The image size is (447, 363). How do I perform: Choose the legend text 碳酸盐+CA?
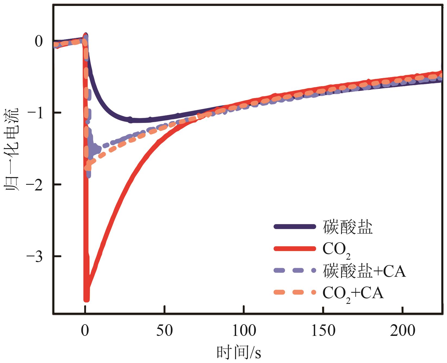(364, 271)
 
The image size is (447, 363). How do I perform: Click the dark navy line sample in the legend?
(295, 227)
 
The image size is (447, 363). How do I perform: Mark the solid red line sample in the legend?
(295, 249)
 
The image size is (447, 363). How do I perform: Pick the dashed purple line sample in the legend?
(295, 270)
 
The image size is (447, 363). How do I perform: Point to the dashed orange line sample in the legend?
(295, 292)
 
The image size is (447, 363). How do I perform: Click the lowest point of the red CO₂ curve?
(86, 299)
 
